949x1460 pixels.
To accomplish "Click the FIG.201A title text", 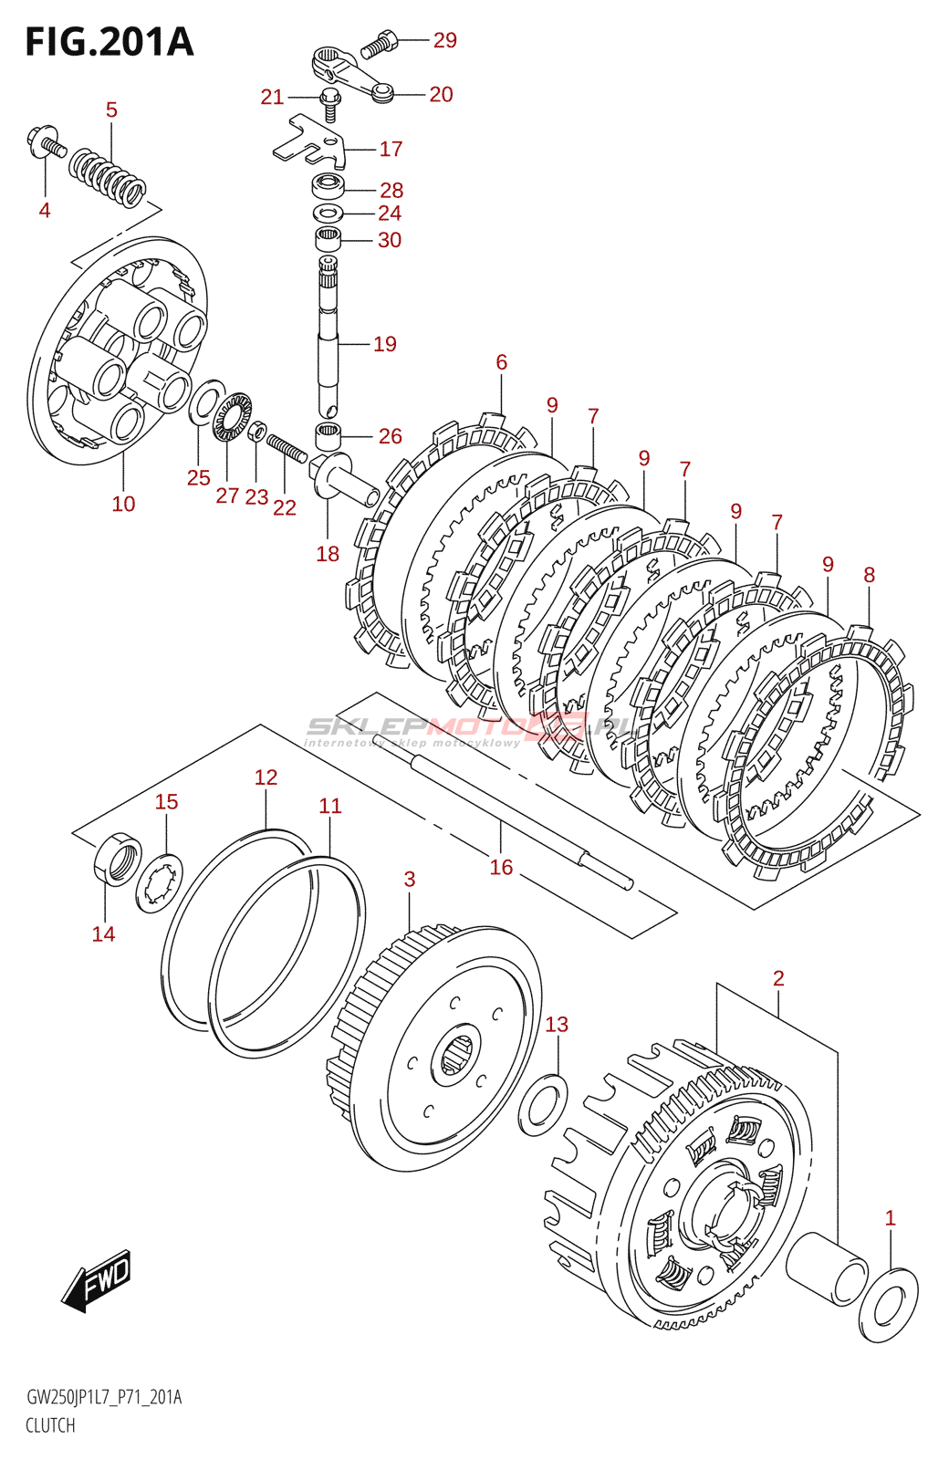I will (x=109, y=42).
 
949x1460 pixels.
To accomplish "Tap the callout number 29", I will (x=444, y=40).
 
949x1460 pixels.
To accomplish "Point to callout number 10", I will (x=123, y=504).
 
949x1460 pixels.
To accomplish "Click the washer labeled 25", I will (x=206, y=402).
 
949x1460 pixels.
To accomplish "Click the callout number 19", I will (x=385, y=344).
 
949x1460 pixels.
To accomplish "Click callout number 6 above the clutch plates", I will (x=501, y=362).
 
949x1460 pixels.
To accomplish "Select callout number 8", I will (x=869, y=575).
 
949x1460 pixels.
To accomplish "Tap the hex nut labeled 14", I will (x=117, y=859).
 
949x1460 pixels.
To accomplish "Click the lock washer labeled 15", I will (x=160, y=883).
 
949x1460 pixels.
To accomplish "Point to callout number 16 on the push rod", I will (x=501, y=867).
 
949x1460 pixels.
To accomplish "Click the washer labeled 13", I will (x=543, y=1104).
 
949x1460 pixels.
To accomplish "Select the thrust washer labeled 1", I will (x=889, y=1305).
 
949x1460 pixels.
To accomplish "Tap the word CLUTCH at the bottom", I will (x=50, y=1425).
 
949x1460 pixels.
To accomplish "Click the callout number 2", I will (x=778, y=978).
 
